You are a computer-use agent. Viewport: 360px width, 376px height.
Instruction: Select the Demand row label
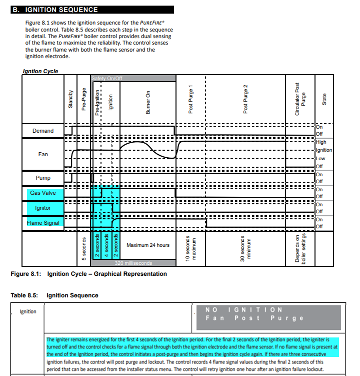(x=43, y=131)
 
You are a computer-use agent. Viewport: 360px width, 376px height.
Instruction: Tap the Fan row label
(x=43, y=154)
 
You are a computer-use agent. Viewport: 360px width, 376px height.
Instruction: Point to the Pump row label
(x=43, y=178)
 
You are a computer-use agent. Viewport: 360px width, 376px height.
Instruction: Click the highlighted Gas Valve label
(x=43, y=193)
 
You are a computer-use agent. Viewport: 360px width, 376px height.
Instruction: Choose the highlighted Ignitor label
(x=43, y=208)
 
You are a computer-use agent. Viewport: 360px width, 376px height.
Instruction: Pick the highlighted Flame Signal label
(x=43, y=223)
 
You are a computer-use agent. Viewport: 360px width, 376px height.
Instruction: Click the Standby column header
(x=70, y=99)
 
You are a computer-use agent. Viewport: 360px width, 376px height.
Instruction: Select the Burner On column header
(x=148, y=103)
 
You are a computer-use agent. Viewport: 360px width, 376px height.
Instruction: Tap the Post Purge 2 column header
(x=245, y=99)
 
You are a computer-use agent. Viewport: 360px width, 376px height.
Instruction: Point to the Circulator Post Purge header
(x=300, y=99)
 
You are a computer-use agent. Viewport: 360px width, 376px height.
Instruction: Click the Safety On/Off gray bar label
(x=107, y=79)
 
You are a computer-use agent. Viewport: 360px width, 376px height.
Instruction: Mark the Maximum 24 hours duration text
(x=148, y=245)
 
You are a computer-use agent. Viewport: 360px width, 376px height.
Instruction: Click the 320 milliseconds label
(x=133, y=263)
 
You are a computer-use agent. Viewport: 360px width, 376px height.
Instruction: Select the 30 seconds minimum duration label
(x=245, y=249)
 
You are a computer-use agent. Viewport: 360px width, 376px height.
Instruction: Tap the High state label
(x=321, y=142)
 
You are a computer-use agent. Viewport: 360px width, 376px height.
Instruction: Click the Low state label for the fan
(x=320, y=159)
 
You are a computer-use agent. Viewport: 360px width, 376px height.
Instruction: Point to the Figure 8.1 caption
(x=89, y=274)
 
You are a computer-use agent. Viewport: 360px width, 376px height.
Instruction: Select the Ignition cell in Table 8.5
(x=28, y=311)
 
